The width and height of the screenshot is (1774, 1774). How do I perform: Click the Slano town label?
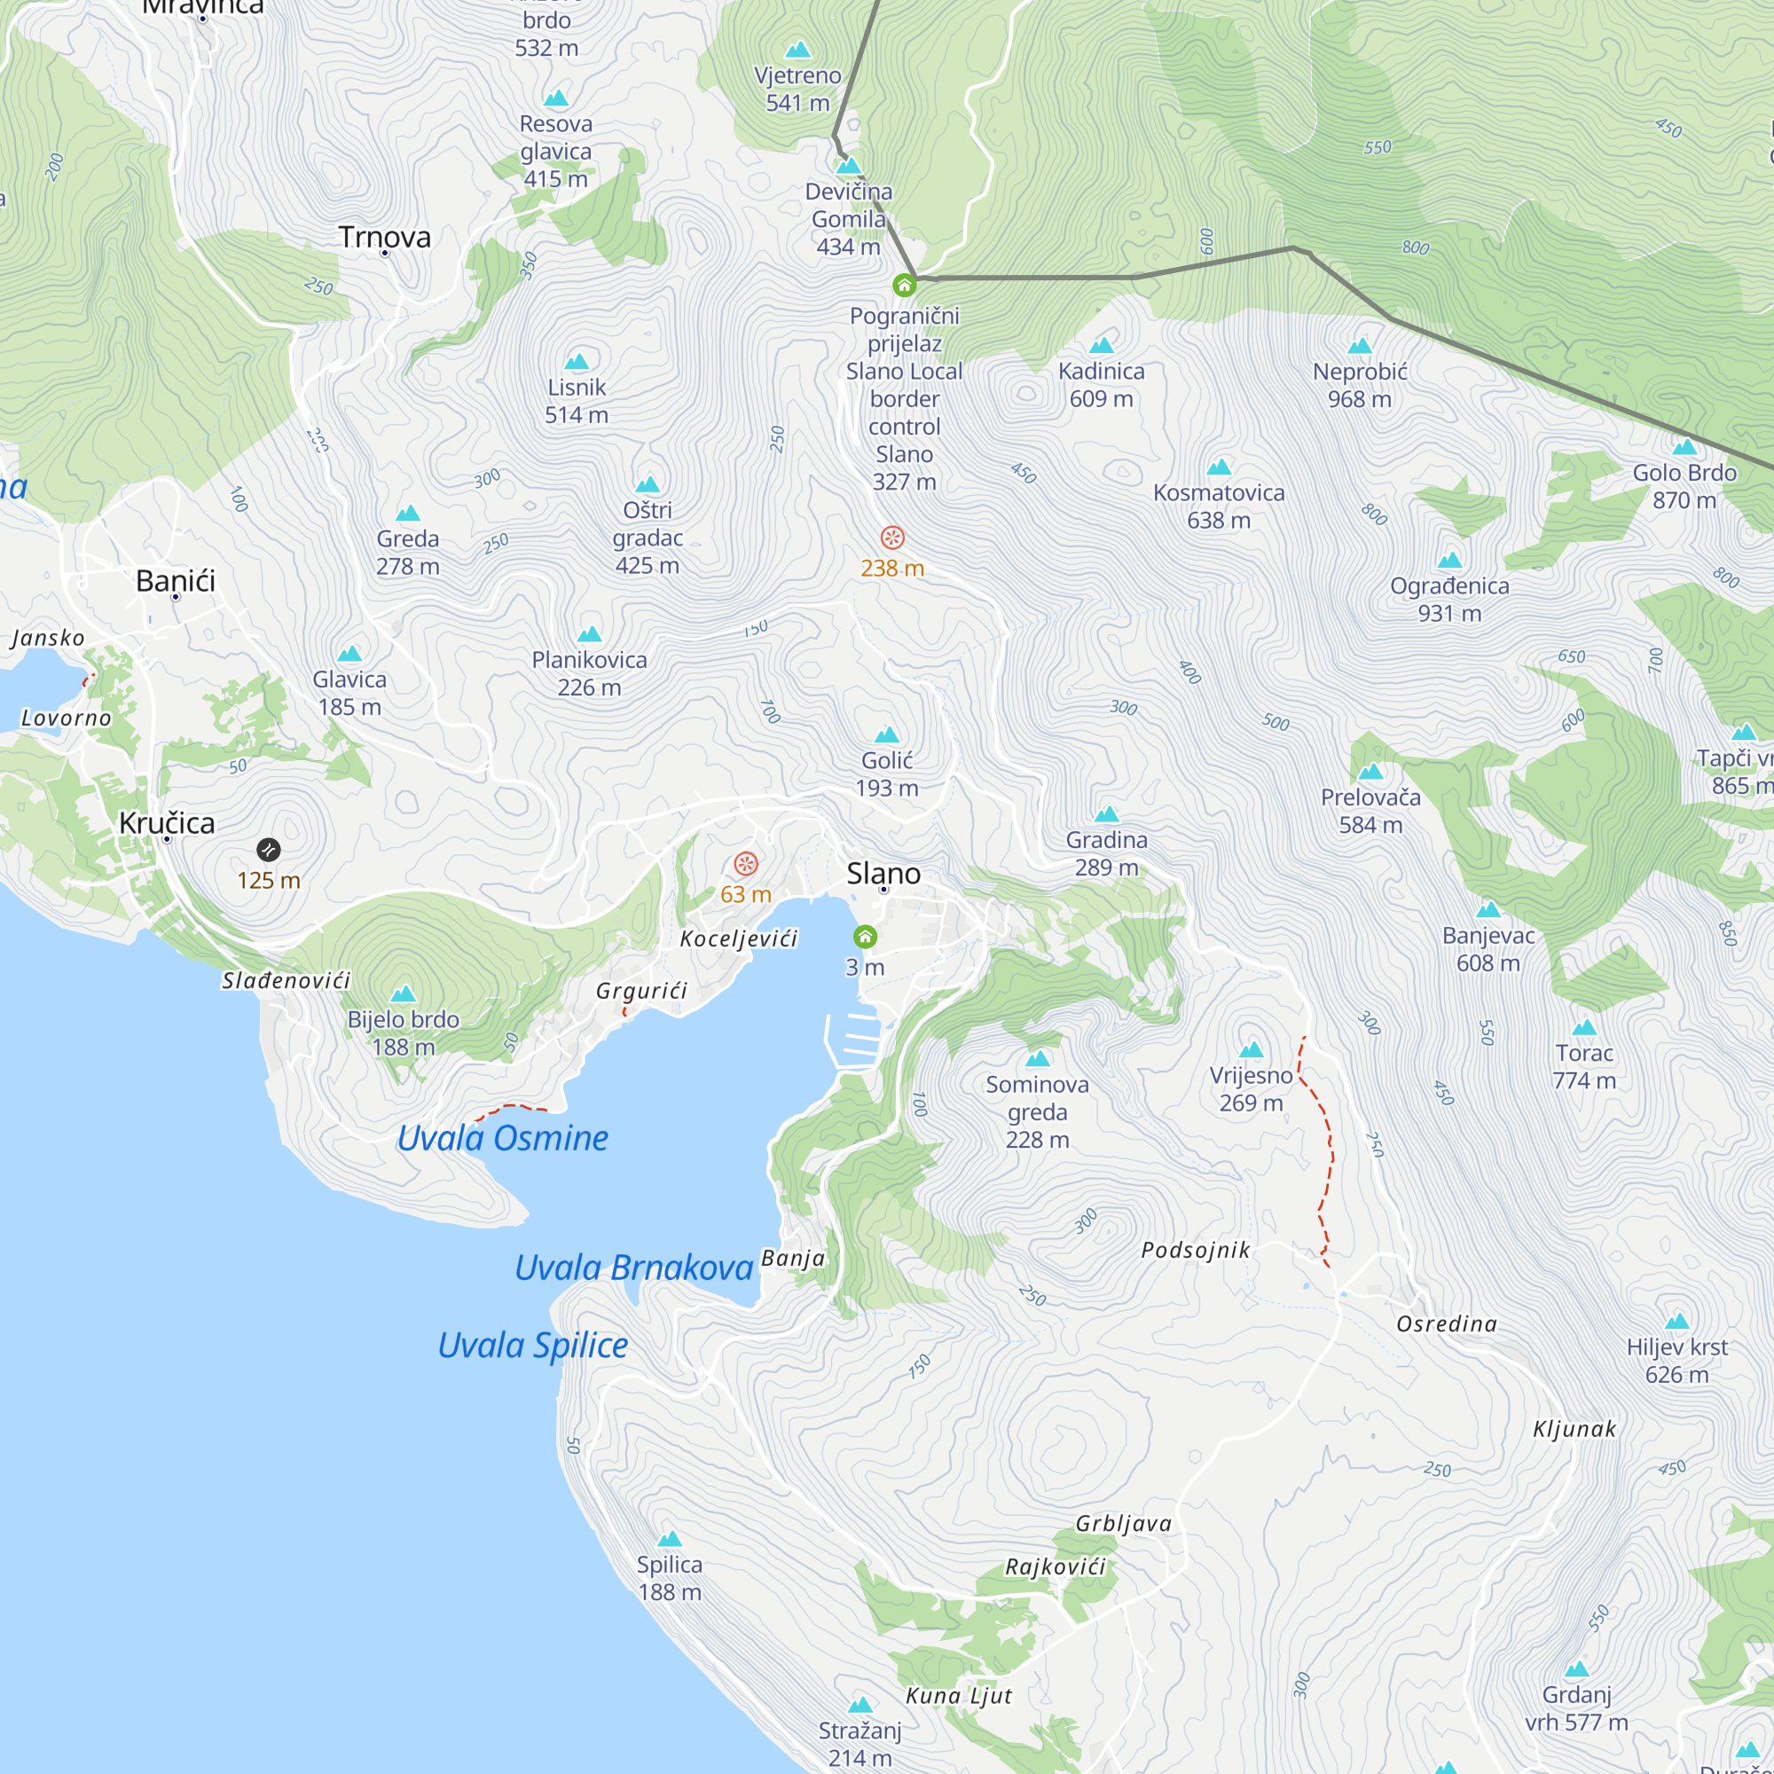click(x=883, y=873)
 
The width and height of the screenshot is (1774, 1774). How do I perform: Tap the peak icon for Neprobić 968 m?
click(x=1359, y=346)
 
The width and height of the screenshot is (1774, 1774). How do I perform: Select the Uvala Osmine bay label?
click(x=502, y=1139)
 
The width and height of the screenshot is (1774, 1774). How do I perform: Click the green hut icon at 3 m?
click(x=865, y=937)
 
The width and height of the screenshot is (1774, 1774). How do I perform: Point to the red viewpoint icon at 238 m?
click(x=891, y=538)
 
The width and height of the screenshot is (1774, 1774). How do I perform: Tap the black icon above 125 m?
click(x=268, y=850)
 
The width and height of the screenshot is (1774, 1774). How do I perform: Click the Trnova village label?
click(x=384, y=237)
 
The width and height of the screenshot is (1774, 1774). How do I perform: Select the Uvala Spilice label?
click(x=532, y=1346)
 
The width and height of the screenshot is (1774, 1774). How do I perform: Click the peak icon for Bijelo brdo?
click(x=403, y=994)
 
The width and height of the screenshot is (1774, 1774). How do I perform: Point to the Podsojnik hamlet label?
click(x=1196, y=1250)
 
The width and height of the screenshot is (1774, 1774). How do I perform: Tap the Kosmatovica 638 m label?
click(x=1219, y=506)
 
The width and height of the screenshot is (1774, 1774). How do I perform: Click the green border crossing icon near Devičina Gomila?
click(x=904, y=286)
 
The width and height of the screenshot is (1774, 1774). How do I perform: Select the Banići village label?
click(x=176, y=580)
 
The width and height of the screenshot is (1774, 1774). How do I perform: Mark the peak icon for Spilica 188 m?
click(x=670, y=1539)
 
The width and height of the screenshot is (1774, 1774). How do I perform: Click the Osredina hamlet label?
click(x=1446, y=1324)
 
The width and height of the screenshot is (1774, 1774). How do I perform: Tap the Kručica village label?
click(x=167, y=823)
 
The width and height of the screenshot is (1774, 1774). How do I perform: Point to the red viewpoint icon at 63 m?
click(x=746, y=864)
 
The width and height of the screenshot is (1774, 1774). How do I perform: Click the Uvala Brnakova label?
click(x=633, y=1268)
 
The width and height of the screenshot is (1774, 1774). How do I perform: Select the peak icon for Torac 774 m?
click(x=1584, y=1027)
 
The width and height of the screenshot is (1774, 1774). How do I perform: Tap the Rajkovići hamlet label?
click(x=1055, y=1566)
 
